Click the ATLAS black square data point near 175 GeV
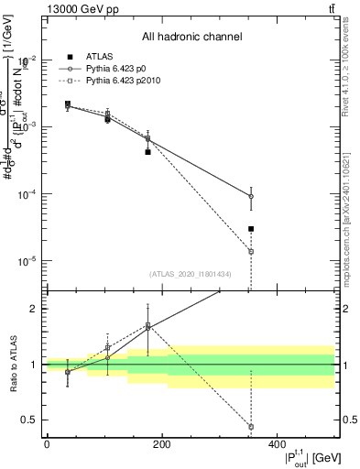pyautogui.click(x=147, y=152)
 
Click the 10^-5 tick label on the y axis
pyautogui.click(x=27, y=262)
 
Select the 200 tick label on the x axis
pyautogui.click(x=161, y=443)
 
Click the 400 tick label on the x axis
pyautogui.click(x=277, y=443)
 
